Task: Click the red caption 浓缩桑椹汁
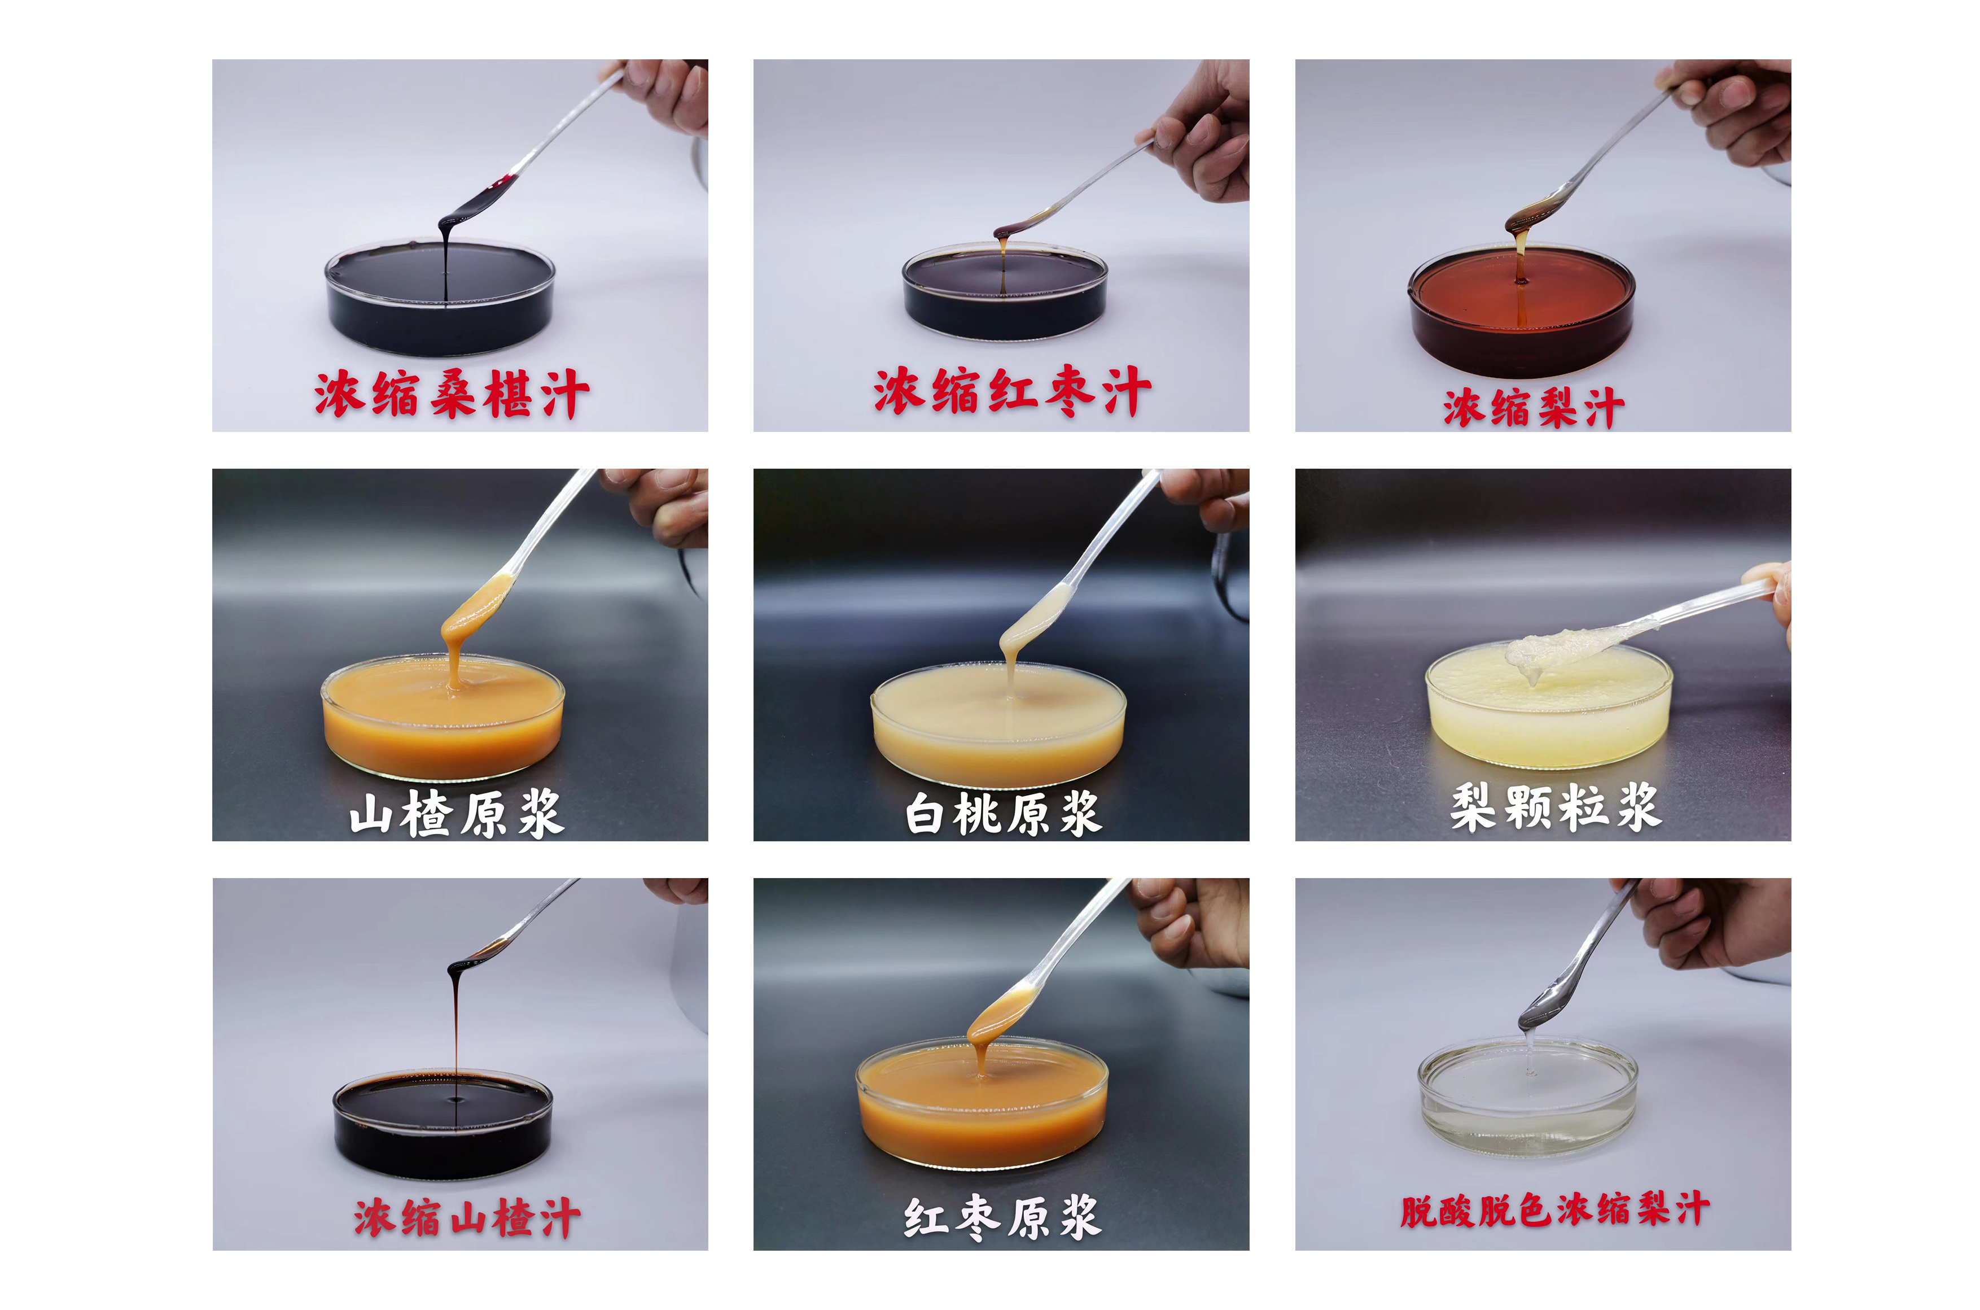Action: point(452,394)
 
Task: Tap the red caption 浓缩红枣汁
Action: point(1012,390)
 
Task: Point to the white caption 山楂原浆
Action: point(457,813)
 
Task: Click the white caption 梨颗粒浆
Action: point(1555,806)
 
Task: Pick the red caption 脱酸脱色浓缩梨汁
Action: point(1555,1209)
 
